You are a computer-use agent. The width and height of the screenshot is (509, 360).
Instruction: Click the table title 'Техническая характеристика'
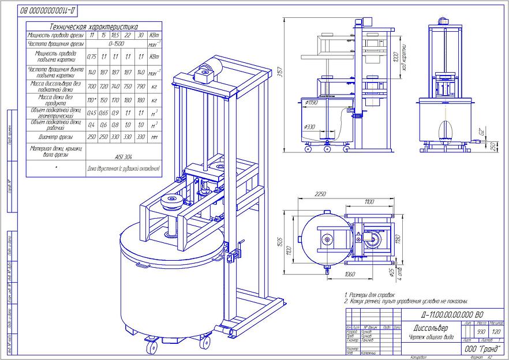(x=93, y=27)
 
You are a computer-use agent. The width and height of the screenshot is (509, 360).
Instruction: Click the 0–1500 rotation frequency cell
(x=115, y=43)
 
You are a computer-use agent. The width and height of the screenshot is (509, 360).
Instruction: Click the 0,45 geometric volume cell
(x=91, y=113)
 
